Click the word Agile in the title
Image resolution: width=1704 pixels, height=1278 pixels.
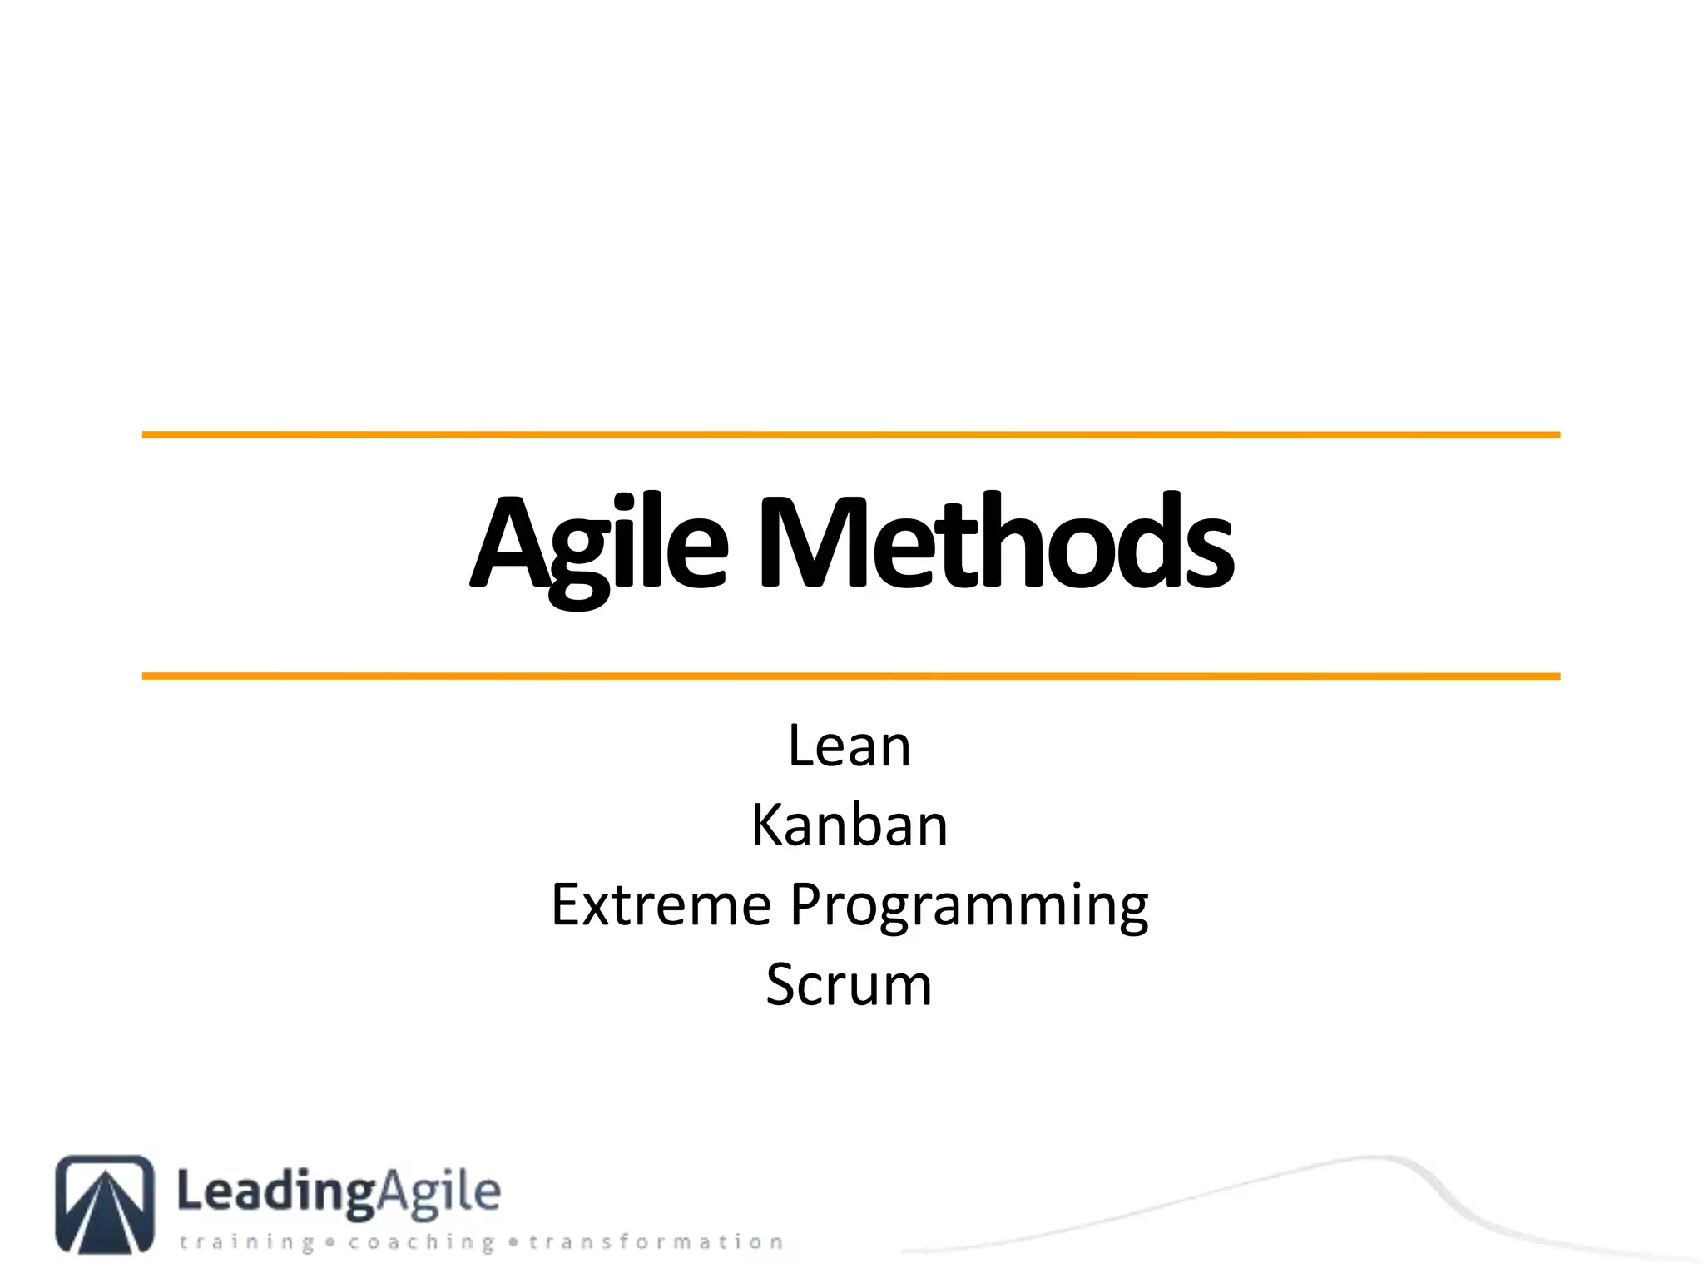[599, 545]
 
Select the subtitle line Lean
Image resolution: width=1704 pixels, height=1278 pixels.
[850, 745]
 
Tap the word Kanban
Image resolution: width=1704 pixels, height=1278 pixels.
[850, 825]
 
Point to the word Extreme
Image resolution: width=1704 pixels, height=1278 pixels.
[661, 905]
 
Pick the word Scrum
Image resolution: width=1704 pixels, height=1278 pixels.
[849, 985]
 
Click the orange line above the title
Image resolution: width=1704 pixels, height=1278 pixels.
[850, 434]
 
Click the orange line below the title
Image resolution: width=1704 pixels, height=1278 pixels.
[850, 676]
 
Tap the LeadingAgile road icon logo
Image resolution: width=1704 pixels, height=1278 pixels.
[105, 1203]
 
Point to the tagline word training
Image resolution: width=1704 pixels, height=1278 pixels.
[247, 1242]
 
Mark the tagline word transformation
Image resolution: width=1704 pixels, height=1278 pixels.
[656, 1242]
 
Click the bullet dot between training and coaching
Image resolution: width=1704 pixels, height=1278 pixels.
[331, 1242]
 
